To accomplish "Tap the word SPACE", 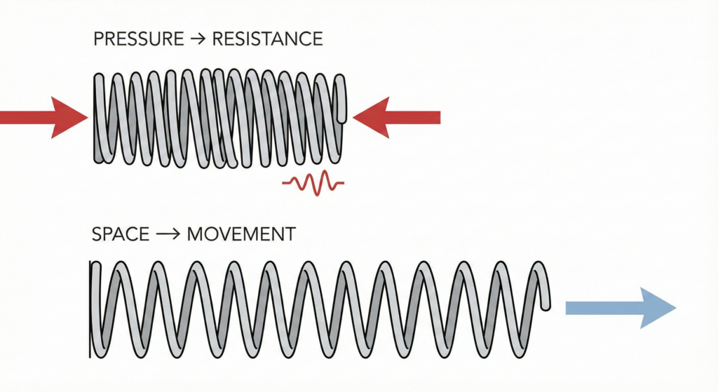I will [120, 234].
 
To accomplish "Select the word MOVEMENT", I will [241, 234].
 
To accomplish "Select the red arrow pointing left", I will [397, 117].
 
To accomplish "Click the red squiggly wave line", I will [313, 184].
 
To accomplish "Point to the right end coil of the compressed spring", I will [340, 105].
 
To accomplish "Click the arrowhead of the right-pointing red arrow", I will [74, 117].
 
